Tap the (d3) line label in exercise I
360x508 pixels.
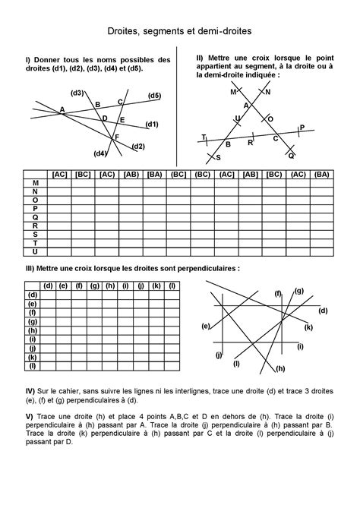click(x=77, y=93)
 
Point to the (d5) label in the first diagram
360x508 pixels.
click(x=154, y=96)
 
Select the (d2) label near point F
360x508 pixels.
click(x=137, y=146)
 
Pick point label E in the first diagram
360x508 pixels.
click(x=122, y=120)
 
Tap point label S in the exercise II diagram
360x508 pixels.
click(x=218, y=157)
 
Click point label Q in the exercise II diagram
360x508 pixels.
click(x=291, y=154)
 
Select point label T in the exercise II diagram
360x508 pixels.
click(x=203, y=137)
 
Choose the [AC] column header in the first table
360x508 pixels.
click(x=59, y=175)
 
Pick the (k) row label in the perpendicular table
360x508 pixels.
click(x=32, y=357)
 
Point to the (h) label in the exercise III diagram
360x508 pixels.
click(x=280, y=368)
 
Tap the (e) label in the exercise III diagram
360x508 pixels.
click(x=205, y=326)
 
